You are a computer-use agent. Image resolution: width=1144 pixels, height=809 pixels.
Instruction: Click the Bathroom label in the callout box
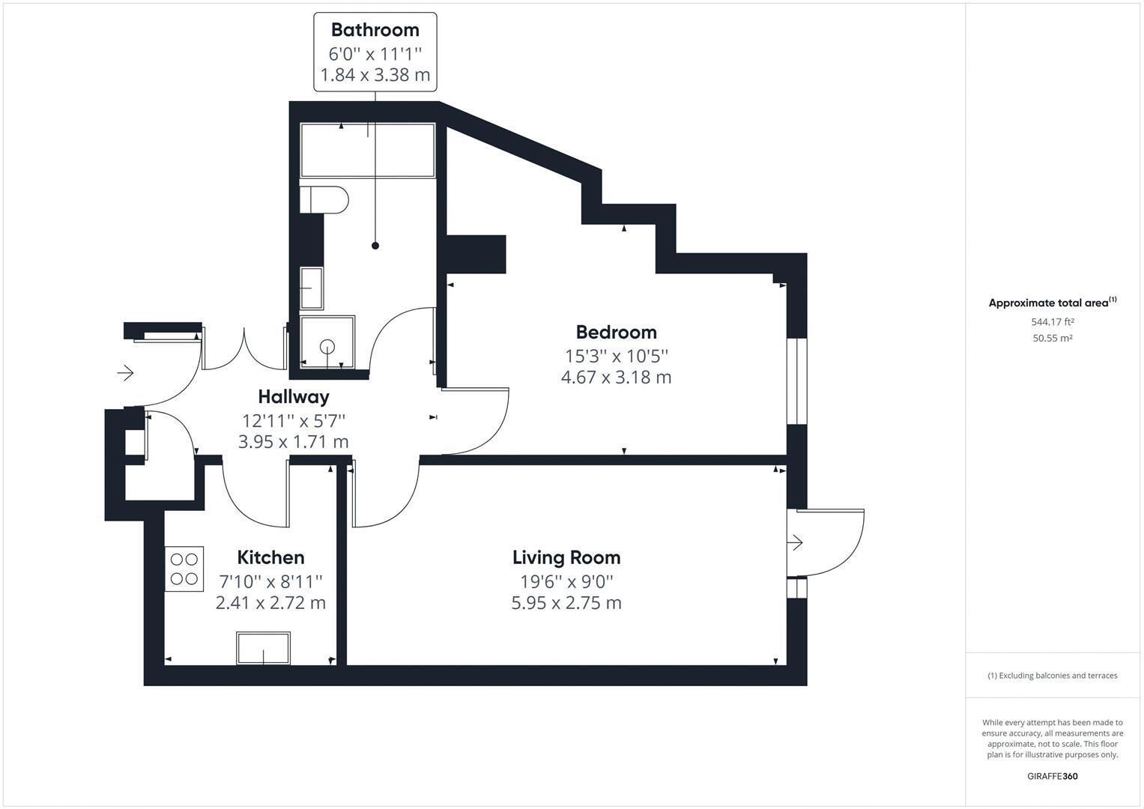coord(375,30)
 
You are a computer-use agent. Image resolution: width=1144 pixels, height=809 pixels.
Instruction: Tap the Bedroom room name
coord(616,332)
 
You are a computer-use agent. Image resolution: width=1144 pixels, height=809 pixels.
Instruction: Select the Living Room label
coord(566,557)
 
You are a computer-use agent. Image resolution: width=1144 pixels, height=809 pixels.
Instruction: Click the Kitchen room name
coord(270,557)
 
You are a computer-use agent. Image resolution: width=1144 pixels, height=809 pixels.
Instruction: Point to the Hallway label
coord(293,396)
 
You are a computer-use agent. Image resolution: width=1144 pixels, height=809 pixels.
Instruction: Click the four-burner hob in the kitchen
coord(184,569)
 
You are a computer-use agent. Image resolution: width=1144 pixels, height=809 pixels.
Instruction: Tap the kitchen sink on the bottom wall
coord(263,648)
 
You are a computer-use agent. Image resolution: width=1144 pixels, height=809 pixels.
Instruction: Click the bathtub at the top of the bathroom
coord(367,151)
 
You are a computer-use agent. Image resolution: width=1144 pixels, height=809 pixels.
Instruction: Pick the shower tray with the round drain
coord(327,342)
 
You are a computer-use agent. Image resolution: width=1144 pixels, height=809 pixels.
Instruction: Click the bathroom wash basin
coord(312,288)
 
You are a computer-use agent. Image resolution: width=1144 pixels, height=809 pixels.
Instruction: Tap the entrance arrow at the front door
coord(125,372)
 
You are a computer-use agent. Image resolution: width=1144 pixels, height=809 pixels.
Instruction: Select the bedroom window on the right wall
coord(796,382)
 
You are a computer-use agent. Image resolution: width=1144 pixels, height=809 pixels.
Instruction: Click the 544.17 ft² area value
coord(1052,322)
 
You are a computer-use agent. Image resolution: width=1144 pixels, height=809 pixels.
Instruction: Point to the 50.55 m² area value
coord(1052,338)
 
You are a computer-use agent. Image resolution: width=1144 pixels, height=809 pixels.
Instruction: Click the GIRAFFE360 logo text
coord(1052,776)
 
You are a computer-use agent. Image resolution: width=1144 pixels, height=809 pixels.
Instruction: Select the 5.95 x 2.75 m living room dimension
coord(566,603)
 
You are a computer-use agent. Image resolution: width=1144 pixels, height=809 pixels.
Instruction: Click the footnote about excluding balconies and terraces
coord(1052,676)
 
